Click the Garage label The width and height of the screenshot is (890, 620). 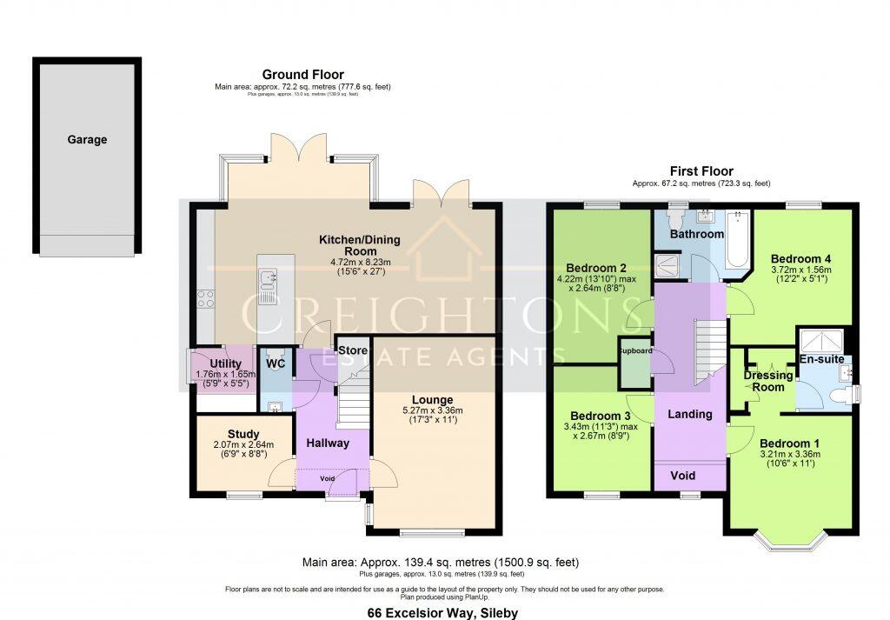pyautogui.click(x=87, y=139)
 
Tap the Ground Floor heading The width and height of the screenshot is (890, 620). pyautogui.click(x=303, y=75)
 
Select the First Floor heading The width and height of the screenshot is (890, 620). pyautogui.click(x=701, y=171)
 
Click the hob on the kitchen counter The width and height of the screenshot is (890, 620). pyautogui.click(x=207, y=298)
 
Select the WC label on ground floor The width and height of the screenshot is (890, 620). pyautogui.click(x=276, y=363)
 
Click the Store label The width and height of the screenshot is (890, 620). pyautogui.click(x=353, y=351)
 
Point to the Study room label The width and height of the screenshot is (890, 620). pyautogui.click(x=244, y=433)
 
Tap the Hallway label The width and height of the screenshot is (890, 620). pyautogui.click(x=328, y=443)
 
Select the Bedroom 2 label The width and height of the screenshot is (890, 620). pyautogui.click(x=597, y=267)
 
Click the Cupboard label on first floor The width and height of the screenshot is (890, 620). pyautogui.click(x=634, y=352)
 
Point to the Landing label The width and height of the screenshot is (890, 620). pyautogui.click(x=690, y=415)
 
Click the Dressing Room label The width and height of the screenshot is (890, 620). pyautogui.click(x=767, y=381)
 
